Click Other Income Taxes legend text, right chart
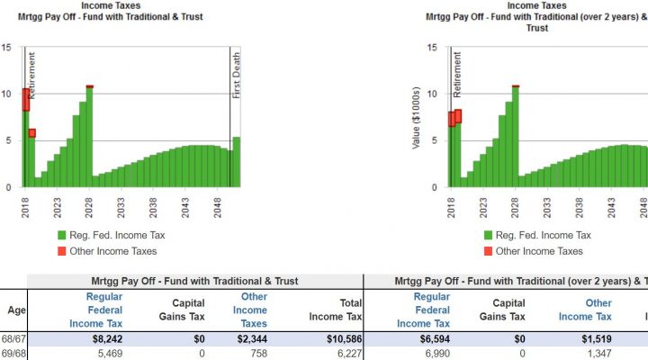pos(538,251)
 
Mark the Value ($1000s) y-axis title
pos(416,116)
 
